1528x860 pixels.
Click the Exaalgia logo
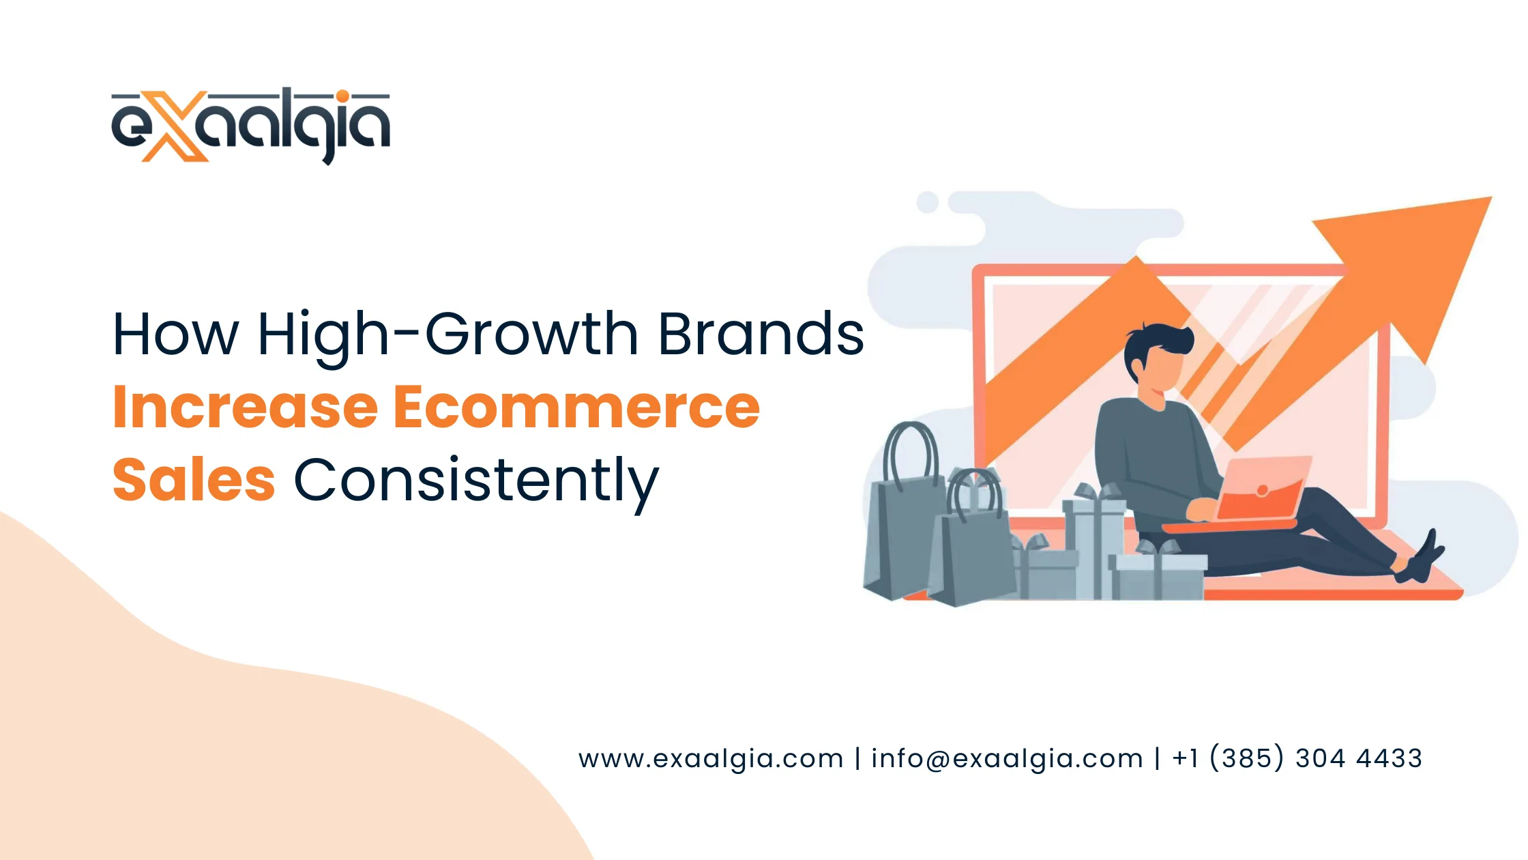(250, 126)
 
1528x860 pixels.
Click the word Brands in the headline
(761, 334)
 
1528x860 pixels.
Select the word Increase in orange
(246, 407)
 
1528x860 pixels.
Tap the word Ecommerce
(576, 407)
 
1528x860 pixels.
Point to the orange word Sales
(194, 481)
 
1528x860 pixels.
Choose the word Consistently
(476, 481)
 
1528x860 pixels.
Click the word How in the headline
(175, 334)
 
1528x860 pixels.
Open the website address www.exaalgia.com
(711, 759)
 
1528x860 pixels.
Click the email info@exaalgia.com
(1007, 759)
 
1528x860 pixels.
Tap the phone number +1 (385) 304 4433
(1297, 758)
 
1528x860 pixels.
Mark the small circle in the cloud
(927, 202)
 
